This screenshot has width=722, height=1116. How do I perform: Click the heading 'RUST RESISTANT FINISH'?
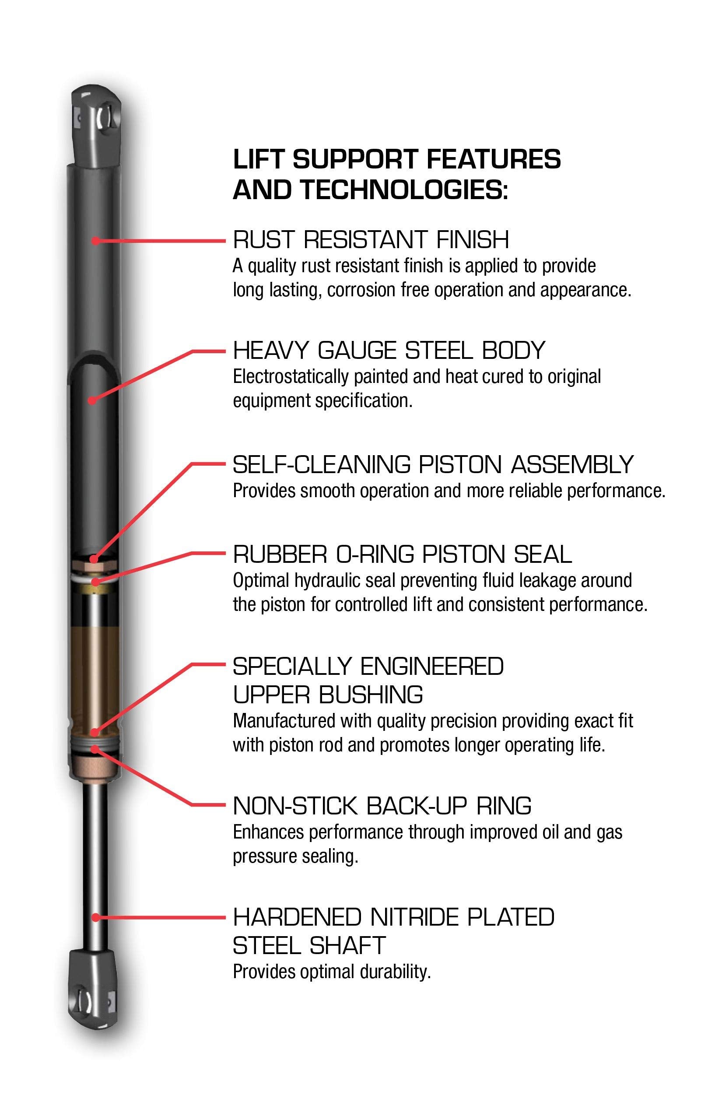click(370, 240)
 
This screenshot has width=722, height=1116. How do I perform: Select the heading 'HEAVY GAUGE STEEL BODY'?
click(389, 351)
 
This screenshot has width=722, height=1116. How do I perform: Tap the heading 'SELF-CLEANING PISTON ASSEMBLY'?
click(433, 465)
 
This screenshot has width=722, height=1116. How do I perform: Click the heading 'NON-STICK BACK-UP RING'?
click(382, 806)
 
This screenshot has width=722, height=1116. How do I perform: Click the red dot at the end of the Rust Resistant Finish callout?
click(95, 241)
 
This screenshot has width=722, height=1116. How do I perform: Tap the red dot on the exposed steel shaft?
click(95, 917)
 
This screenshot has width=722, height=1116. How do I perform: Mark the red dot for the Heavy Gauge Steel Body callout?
click(92, 400)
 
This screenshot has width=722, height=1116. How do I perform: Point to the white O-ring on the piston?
click(95, 580)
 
